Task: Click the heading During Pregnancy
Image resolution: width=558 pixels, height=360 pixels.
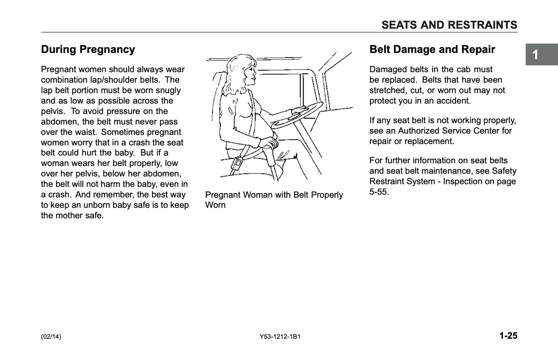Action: (88, 49)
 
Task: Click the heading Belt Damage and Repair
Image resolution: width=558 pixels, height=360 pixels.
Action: (432, 49)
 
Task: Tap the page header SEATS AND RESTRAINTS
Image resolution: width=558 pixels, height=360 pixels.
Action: (449, 25)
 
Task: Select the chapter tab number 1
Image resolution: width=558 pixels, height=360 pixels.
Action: (535, 55)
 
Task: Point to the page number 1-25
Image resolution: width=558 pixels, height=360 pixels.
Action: (508, 336)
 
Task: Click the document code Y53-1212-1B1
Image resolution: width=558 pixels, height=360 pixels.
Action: (280, 336)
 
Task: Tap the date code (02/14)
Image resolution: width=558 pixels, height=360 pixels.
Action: (51, 336)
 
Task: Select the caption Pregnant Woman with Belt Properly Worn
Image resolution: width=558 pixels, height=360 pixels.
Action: (274, 200)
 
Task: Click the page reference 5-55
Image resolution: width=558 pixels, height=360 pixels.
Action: (379, 192)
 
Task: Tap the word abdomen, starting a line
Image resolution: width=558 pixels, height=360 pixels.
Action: (59, 122)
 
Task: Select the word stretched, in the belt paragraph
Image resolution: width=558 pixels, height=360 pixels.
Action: (388, 90)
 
